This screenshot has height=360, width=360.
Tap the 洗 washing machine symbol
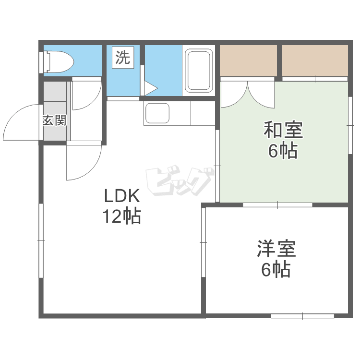coord(122,58)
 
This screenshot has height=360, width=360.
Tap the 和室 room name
coord(283,130)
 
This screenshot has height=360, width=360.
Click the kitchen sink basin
coord(157,114)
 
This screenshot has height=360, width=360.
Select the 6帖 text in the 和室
coord(283,151)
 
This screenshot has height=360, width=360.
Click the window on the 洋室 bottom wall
coord(303,316)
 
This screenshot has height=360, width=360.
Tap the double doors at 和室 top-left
coord(247,94)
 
